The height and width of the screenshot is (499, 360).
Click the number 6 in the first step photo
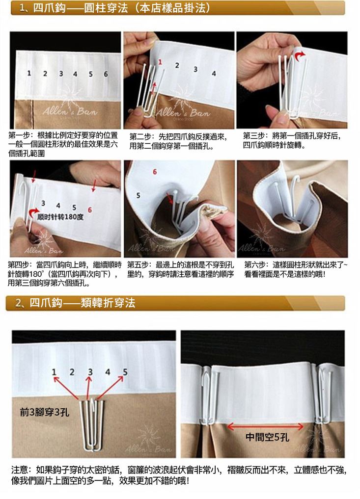click(x=106, y=74)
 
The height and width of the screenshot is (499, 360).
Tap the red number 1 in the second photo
click(x=160, y=62)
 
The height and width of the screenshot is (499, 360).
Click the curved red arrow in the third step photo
click(x=300, y=56)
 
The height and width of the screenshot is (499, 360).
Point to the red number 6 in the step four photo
click(x=90, y=210)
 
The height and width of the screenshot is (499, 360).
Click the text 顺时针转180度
click(x=60, y=217)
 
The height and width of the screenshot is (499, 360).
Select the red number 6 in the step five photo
click(x=155, y=172)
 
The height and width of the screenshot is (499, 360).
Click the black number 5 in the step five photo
click(x=138, y=195)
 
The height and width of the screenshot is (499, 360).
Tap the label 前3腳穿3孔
click(x=44, y=413)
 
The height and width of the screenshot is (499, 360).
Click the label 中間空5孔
click(x=267, y=437)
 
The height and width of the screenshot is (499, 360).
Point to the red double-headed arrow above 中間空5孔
click(x=265, y=426)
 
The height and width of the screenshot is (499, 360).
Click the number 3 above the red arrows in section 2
click(x=90, y=372)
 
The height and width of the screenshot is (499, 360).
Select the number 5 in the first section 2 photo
click(x=125, y=372)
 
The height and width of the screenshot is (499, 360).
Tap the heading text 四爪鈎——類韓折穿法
click(x=83, y=303)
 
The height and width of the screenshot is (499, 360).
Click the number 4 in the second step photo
click(x=214, y=74)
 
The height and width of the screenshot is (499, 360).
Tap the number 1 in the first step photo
click(x=29, y=73)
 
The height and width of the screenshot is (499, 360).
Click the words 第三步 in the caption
click(x=253, y=136)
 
